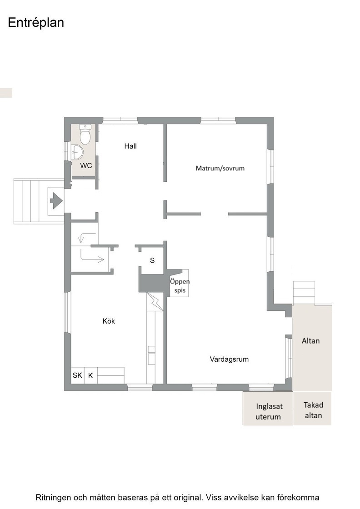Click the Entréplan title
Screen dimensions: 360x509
(36, 23)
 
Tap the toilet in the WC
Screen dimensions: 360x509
(85, 135)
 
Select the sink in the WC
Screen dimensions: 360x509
(77, 152)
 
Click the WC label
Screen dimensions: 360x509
(86, 165)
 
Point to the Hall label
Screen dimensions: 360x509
(130, 146)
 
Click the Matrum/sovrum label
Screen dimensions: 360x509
(220, 168)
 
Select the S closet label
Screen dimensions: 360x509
(152, 260)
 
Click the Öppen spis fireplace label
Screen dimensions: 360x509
(180, 286)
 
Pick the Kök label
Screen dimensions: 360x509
(109, 321)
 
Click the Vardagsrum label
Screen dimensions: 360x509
(229, 359)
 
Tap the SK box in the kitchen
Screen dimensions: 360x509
(78, 375)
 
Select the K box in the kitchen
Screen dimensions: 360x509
(90, 375)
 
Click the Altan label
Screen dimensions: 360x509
(310, 341)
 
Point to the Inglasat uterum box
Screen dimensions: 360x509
(268, 409)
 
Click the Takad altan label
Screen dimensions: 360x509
(313, 410)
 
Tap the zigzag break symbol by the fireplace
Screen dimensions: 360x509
(155, 302)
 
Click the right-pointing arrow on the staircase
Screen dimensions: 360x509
(92, 256)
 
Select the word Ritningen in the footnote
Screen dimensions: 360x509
(53, 498)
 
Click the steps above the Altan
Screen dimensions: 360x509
(304, 293)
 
